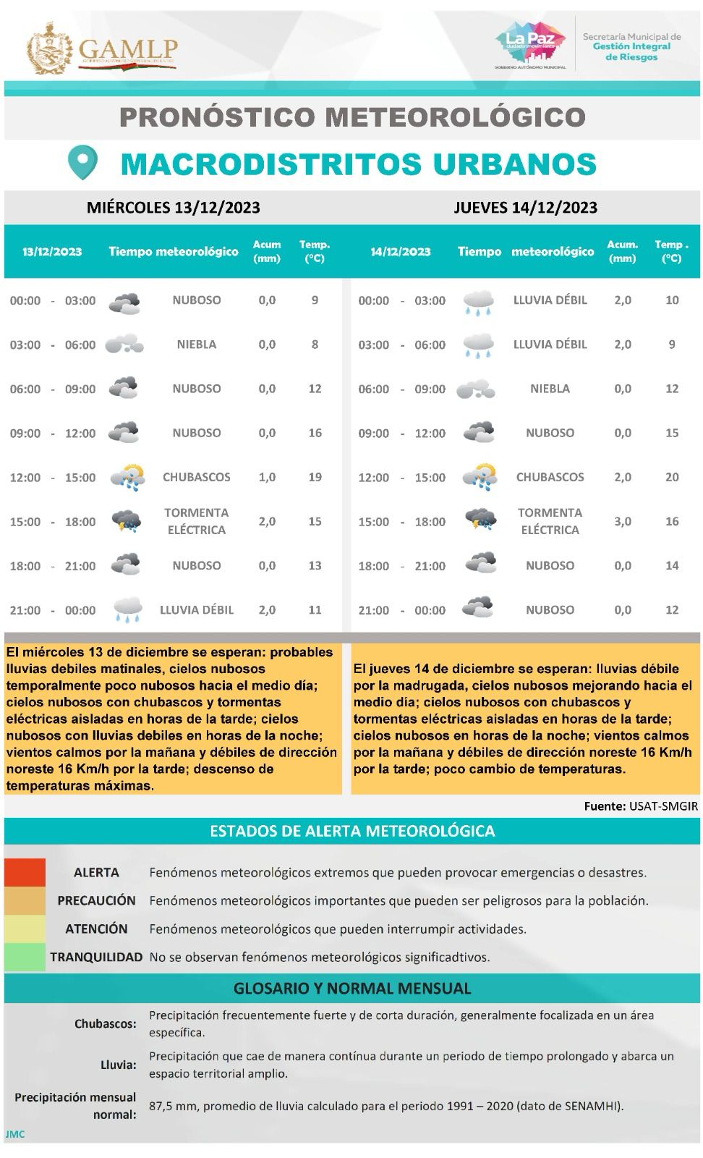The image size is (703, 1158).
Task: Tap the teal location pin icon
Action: coord(82,162)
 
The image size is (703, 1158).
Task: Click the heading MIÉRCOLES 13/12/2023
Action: coord(173,208)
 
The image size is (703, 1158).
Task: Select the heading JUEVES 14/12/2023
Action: coord(525,208)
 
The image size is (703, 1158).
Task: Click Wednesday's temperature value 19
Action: coord(315,477)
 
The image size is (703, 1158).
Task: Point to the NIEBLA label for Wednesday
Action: coord(197,345)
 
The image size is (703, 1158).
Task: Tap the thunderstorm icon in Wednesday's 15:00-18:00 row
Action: coord(126,520)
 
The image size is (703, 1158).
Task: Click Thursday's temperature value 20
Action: coord(672,477)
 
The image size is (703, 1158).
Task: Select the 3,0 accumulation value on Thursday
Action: coord(622,521)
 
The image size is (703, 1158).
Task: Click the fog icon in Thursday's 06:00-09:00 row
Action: coord(476,389)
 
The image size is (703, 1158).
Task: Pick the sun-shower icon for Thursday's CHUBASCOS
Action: coord(479,476)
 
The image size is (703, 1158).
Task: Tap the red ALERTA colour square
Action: coord(25,872)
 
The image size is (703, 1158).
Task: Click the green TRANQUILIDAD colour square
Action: coord(25,957)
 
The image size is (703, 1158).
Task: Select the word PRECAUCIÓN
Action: coord(97,900)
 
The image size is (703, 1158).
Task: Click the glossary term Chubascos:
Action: coord(106,1023)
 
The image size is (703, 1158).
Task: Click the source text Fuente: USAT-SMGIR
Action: coord(641,806)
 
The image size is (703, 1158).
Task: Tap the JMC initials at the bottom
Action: coord(14,1134)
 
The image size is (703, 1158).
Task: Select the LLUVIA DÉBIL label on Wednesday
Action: coord(197,610)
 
